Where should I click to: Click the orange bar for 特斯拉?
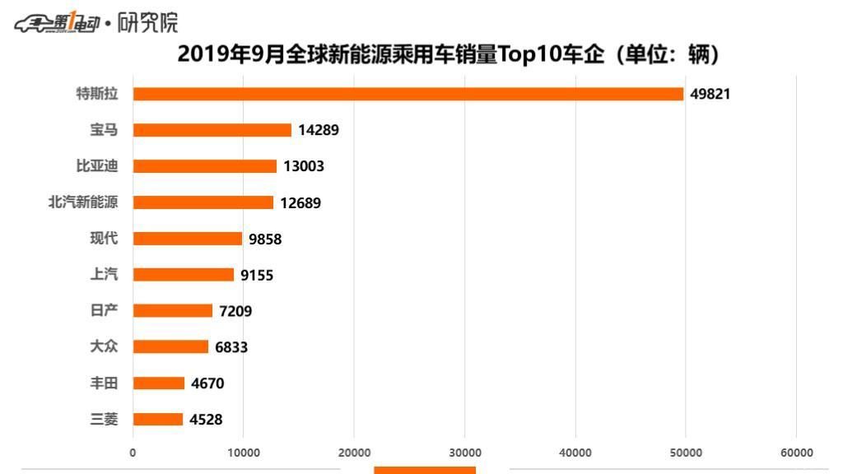408,94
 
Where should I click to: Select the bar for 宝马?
212,130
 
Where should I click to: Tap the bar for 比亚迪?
204,166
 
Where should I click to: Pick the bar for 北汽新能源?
203,202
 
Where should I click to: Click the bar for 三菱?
157,420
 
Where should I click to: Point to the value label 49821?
710,94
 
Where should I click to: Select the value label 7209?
235,311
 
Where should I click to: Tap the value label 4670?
207,383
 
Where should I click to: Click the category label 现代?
104,239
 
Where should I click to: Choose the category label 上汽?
104,275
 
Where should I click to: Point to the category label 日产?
104,311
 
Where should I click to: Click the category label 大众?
104,347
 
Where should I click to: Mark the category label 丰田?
104,383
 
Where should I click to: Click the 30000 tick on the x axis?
464,453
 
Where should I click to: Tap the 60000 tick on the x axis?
796,453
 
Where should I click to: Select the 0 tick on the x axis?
133,453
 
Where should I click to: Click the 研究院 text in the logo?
147,23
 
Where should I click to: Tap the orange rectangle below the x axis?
425,470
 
